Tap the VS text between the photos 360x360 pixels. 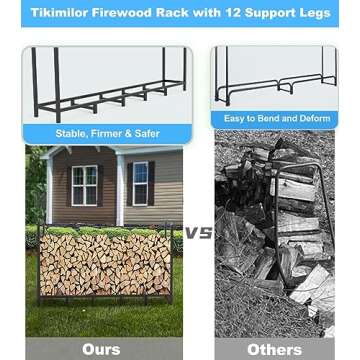coord(198,232)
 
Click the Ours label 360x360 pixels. coord(100,349)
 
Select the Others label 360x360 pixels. coord(273,349)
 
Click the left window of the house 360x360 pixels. coord(84,185)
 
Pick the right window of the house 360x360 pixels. coord(140,182)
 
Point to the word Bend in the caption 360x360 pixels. coord(265,118)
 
